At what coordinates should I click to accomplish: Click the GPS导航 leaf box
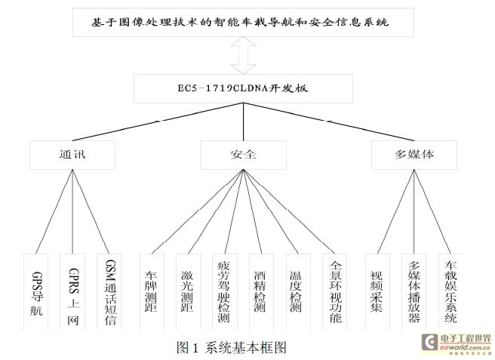tap(38, 291)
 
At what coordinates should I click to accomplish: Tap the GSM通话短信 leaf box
tap(112, 291)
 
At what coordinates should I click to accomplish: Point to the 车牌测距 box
tap(150, 291)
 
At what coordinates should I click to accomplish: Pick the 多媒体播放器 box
tap(414, 291)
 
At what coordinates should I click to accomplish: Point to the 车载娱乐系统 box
tap(450, 291)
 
